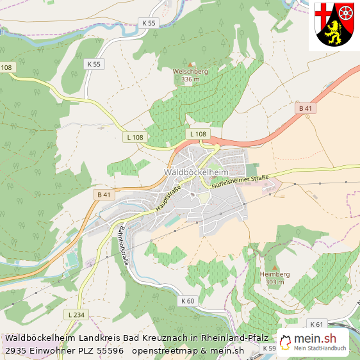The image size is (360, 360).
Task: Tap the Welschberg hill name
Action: pyautogui.click(x=190, y=72)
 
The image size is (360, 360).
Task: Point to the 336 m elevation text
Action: pyautogui.click(x=190, y=79)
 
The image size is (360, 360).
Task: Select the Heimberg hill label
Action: pyautogui.click(x=275, y=274)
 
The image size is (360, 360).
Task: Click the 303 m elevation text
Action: pyautogui.click(x=275, y=282)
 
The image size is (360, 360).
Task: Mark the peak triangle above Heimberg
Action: pyautogui.click(x=275, y=267)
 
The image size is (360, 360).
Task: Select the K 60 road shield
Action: pyautogui.click(x=188, y=300)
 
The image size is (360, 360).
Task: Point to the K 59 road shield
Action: pyautogui.click(x=269, y=348)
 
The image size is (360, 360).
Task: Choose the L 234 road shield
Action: pyautogui.click(x=76, y=315)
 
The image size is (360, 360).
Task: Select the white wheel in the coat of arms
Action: pyautogui.click(x=346, y=12)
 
